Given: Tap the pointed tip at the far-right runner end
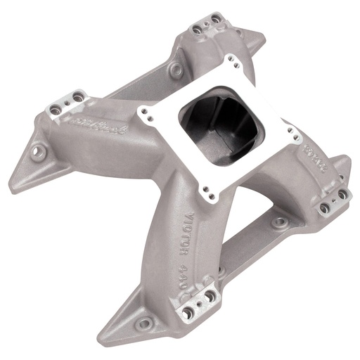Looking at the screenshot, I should [347, 159].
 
